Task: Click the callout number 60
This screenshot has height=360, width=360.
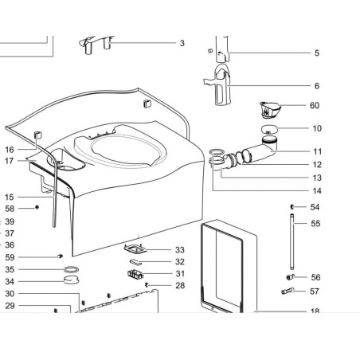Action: point(315,105)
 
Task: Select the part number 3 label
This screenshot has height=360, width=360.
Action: point(182,43)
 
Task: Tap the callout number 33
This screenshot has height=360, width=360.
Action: point(180,250)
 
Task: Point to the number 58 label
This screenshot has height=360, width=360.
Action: point(10,209)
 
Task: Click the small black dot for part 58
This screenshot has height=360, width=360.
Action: point(37,207)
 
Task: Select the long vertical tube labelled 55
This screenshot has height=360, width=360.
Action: point(292,241)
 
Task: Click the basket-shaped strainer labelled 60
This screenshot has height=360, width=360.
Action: point(269,110)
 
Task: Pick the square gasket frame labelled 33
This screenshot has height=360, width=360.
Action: point(135,248)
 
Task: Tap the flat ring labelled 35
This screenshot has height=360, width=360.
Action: point(72,270)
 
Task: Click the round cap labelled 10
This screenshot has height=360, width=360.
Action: point(269,130)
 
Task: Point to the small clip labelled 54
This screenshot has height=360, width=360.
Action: point(292,206)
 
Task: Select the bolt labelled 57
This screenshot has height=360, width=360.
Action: point(288,291)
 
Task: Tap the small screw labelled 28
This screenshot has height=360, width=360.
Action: point(147,285)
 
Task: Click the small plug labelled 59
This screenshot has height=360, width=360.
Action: point(61,256)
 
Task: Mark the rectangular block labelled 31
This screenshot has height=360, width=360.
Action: point(135,274)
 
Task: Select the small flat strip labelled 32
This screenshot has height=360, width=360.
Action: point(135,262)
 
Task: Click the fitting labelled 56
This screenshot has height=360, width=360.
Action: point(290,277)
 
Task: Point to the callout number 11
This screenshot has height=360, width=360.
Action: point(318,151)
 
